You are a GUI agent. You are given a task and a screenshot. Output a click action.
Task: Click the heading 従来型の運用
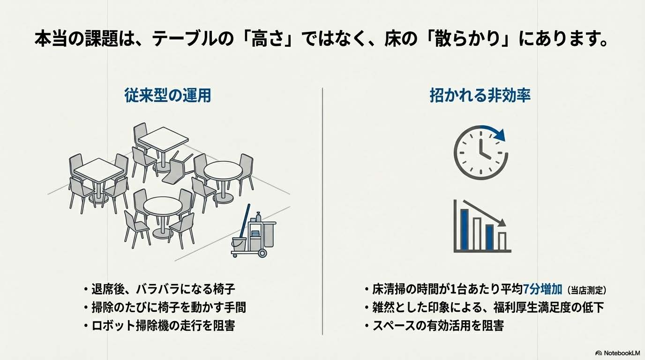click(x=167, y=96)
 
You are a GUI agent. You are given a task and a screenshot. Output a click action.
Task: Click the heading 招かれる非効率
click(x=480, y=96)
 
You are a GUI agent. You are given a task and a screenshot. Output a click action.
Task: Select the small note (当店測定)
click(x=590, y=290)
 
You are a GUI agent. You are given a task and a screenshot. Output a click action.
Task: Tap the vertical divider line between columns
click(x=322, y=211)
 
